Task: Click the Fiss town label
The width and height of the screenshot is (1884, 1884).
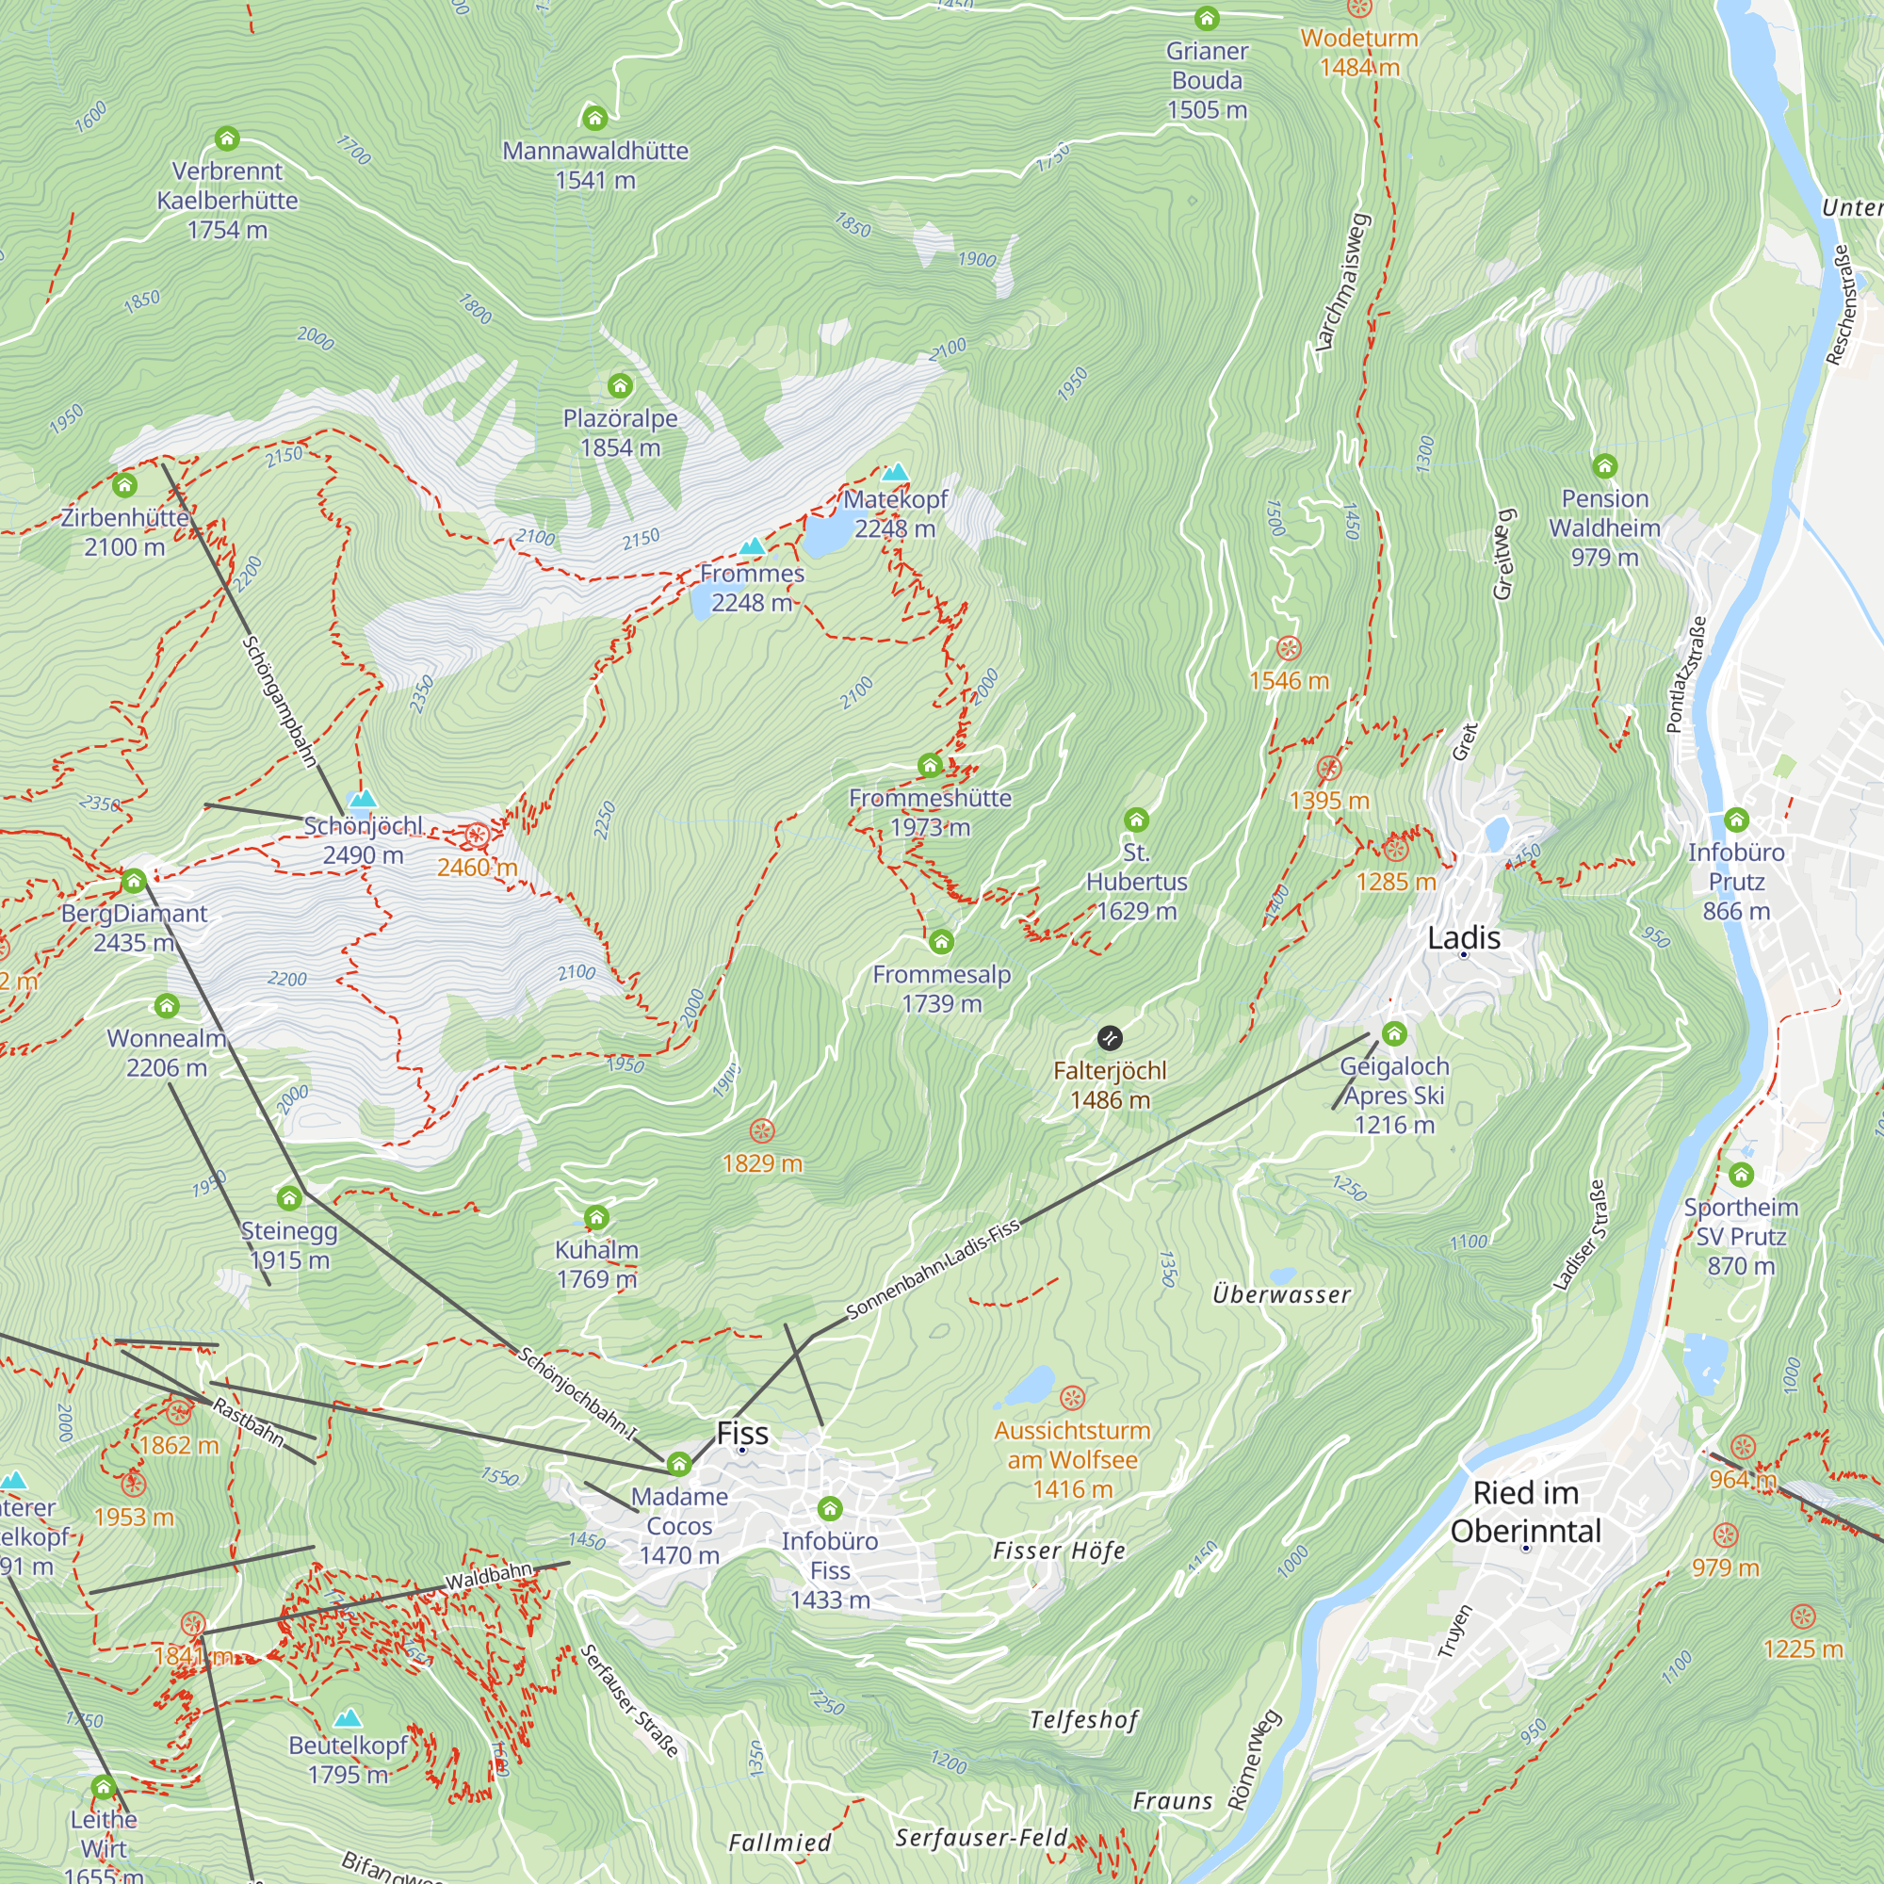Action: tap(742, 1433)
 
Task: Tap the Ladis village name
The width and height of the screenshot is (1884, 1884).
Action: tap(1463, 937)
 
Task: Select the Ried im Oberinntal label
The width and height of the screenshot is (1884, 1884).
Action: tap(1525, 1511)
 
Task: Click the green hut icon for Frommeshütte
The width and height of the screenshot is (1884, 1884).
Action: tap(930, 766)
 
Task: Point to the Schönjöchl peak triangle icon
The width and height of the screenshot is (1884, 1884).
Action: tap(363, 799)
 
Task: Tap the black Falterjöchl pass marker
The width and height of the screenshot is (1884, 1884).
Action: tap(1110, 1037)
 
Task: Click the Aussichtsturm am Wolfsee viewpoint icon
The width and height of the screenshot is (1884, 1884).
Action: tap(1072, 1398)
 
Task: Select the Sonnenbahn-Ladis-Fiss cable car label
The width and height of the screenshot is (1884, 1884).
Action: tap(933, 1269)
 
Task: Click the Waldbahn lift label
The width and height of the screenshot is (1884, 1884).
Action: tap(489, 1575)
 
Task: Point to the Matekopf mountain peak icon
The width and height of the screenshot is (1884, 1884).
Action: tap(894, 473)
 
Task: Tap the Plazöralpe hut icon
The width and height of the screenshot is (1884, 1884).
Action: tap(620, 385)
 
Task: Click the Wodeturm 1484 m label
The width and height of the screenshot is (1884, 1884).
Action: tap(1359, 53)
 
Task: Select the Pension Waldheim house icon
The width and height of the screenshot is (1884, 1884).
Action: tap(1604, 466)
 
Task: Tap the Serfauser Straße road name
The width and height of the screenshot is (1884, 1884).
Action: tap(629, 1700)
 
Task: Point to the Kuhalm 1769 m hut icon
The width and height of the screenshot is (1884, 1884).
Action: tap(596, 1217)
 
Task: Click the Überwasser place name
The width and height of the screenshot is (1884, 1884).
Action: tap(1281, 1294)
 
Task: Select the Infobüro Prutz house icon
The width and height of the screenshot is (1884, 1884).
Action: tap(1736, 820)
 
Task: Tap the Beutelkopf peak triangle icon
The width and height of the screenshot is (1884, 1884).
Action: tap(349, 1717)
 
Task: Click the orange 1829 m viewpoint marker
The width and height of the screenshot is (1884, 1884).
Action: tap(761, 1131)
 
